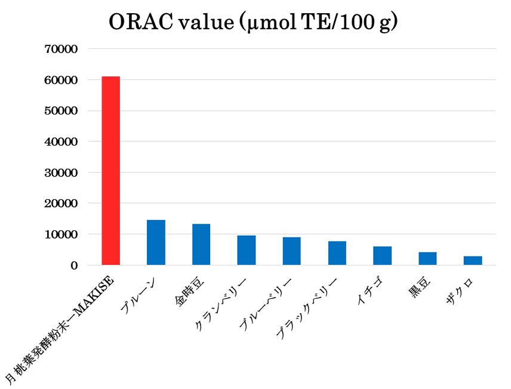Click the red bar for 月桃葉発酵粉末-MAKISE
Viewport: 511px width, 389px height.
click(111, 171)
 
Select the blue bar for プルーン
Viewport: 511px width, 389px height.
click(156, 243)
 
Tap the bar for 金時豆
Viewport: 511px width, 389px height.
click(201, 245)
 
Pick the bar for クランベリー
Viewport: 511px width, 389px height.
click(247, 251)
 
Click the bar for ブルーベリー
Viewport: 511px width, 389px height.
click(292, 251)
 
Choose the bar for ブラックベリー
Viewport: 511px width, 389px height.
click(337, 253)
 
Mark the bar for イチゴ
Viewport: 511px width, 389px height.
click(382, 256)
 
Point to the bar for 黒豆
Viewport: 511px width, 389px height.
click(427, 259)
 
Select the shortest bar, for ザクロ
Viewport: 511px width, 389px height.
click(473, 261)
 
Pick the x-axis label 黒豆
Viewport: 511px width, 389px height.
click(420, 287)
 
